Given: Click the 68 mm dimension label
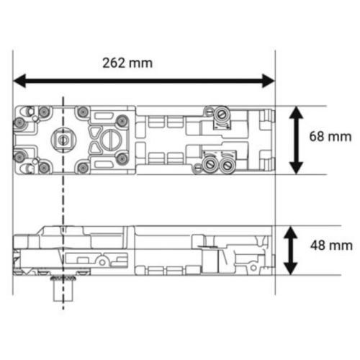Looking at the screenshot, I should [x=330, y=136].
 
